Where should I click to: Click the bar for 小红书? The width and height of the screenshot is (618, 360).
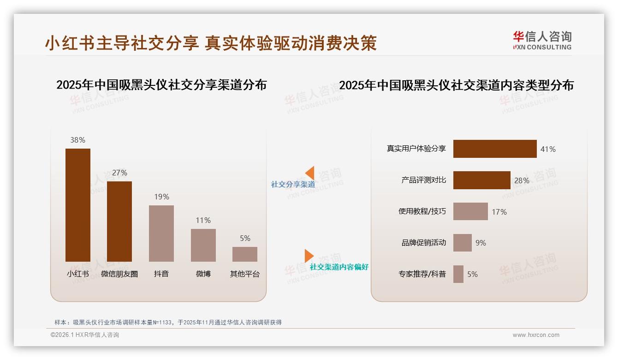click(x=77, y=205)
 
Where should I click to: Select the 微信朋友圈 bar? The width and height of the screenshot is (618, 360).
click(x=119, y=222)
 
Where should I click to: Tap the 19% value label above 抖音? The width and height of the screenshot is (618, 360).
click(x=161, y=197)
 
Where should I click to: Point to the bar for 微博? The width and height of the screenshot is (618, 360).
click(x=203, y=245)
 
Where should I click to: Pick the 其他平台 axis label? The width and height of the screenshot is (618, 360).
click(x=245, y=274)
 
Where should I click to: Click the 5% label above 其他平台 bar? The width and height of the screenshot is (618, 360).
click(x=245, y=238)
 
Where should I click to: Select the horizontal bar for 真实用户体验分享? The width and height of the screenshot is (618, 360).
click(x=495, y=149)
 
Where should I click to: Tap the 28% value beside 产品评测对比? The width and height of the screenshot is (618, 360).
click(x=522, y=180)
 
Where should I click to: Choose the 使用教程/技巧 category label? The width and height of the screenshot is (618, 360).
click(x=422, y=211)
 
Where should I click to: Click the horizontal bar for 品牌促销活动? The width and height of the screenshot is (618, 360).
click(x=462, y=243)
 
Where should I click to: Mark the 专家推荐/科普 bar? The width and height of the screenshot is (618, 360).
click(x=458, y=274)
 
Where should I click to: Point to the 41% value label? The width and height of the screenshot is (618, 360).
click(x=548, y=149)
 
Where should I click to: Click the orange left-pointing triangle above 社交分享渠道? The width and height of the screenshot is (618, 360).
click(x=309, y=173)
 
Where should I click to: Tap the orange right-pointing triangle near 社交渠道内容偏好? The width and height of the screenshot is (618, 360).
click(x=309, y=256)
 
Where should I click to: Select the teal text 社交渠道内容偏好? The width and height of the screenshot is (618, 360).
click(x=339, y=267)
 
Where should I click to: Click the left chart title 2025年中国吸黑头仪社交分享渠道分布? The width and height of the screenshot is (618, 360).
click(x=161, y=85)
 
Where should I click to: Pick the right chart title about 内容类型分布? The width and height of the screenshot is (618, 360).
click(x=456, y=85)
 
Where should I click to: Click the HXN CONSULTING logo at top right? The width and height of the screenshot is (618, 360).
click(x=542, y=41)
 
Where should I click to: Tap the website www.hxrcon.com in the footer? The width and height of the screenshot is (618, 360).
click(x=536, y=335)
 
